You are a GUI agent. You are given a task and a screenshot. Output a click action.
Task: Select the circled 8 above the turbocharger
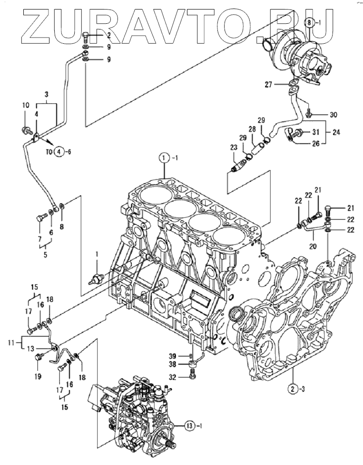click(309, 22)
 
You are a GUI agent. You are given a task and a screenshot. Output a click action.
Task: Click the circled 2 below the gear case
click(293, 389)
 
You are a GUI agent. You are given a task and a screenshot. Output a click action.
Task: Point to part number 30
click(334, 115)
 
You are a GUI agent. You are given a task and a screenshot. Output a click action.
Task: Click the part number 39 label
click(181, 356)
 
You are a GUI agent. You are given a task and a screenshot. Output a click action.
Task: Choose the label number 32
click(181, 377)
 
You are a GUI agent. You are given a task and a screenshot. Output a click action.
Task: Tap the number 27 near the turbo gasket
click(268, 85)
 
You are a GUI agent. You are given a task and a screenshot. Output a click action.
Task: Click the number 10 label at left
click(26, 105)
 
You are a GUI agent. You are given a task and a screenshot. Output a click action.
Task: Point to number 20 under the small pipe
click(313, 246)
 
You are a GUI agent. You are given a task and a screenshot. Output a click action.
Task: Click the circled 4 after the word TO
click(59, 152)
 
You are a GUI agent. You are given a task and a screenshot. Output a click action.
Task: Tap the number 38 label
click(181, 365)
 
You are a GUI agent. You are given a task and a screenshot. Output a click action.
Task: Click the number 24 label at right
click(336, 132)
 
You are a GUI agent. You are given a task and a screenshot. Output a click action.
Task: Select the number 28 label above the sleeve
click(252, 130)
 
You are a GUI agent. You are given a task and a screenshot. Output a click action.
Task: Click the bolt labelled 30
click(308, 112)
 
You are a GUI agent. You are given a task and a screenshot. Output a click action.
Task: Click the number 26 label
click(316, 144)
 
